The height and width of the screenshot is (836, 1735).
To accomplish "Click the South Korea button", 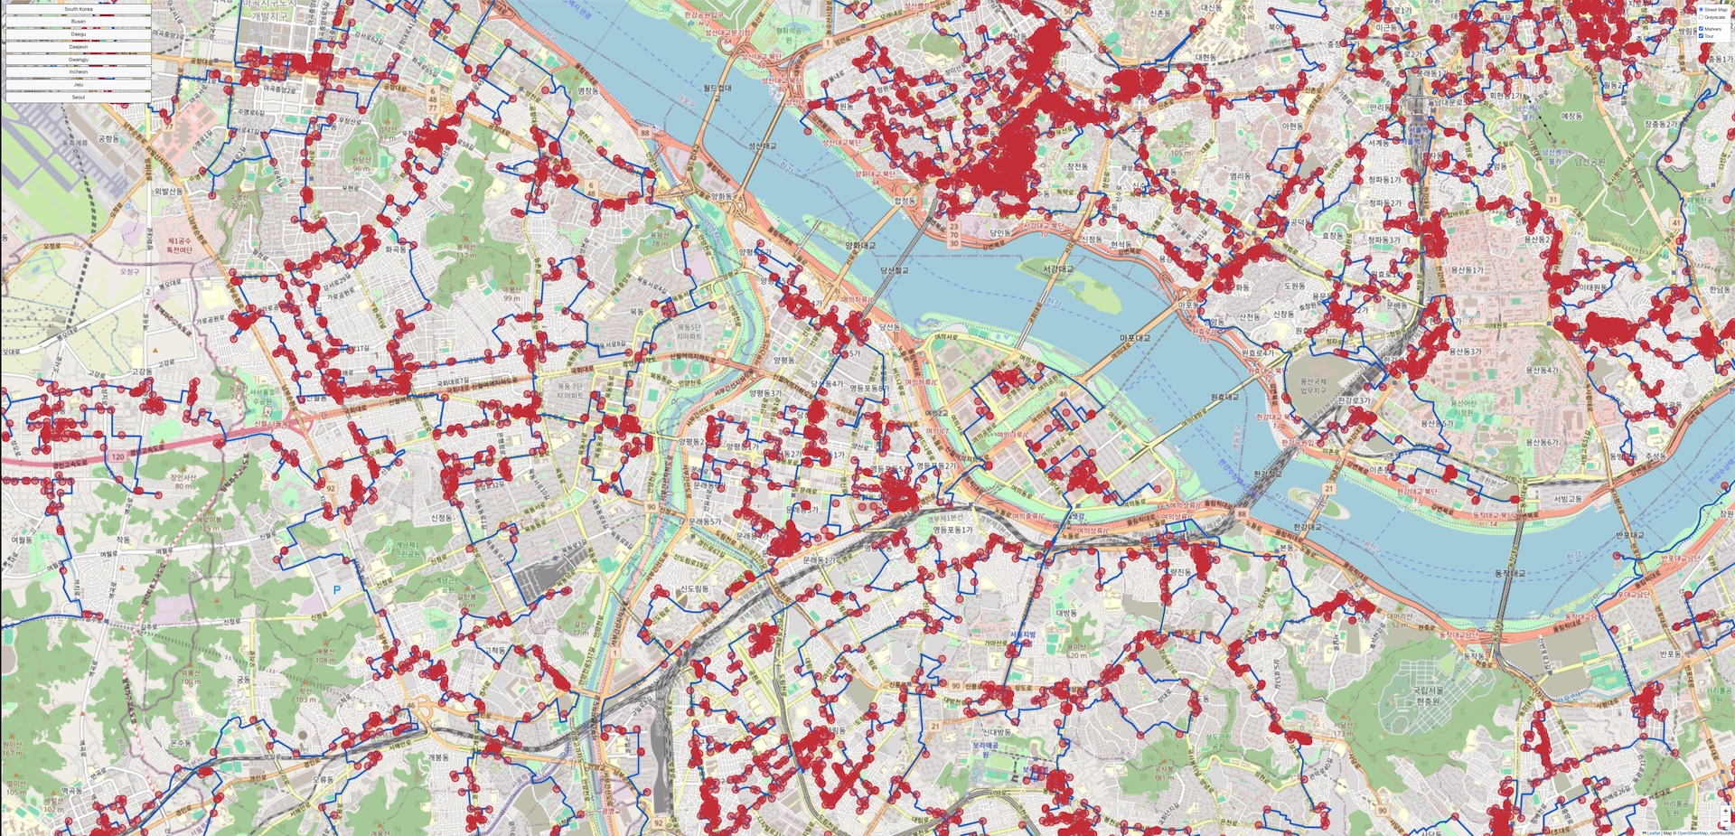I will (78, 9).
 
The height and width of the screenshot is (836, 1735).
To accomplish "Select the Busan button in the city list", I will (78, 21).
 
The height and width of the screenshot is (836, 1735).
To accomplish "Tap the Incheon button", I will (78, 71).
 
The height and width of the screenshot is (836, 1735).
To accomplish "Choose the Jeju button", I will (78, 84).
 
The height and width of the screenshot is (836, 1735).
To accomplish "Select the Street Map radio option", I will (1702, 10).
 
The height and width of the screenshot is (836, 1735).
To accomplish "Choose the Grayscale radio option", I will (1702, 17).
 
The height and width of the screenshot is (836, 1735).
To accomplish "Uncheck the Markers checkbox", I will (1702, 29).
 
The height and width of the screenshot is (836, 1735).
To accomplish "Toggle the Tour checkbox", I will (1702, 36).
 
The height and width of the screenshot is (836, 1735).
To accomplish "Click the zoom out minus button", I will (1725, 823).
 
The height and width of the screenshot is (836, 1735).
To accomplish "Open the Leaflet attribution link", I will (1653, 832).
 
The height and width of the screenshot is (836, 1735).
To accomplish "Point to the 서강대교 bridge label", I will (1058, 269).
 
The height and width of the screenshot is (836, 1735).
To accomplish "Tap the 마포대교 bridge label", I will (1135, 338).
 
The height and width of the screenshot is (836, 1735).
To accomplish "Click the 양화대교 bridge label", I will (860, 245).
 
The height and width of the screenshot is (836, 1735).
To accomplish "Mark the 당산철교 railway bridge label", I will (894, 269).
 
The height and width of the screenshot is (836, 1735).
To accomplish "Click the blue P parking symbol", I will (337, 589).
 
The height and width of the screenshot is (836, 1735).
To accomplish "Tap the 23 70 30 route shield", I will (953, 236).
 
